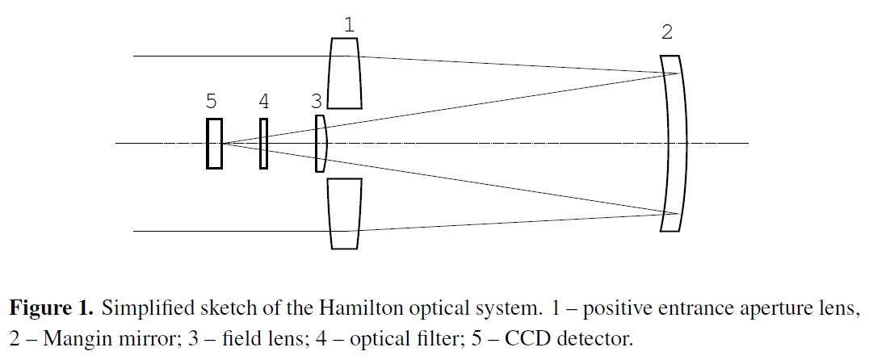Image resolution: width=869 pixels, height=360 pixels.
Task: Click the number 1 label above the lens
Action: point(348,25)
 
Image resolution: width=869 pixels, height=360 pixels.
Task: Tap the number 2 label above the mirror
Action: point(666,33)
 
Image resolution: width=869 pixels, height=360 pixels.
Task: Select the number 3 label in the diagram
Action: point(317,101)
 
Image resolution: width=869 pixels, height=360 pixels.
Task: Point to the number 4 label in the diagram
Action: point(263,101)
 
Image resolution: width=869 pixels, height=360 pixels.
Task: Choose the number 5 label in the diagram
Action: point(211,101)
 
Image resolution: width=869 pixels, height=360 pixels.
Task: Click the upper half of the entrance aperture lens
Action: point(345,73)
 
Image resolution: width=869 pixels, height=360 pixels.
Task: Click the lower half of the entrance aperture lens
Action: point(345,214)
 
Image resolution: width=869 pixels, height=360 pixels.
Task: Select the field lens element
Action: point(321,143)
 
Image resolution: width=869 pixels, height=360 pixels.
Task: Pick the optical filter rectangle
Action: point(263,144)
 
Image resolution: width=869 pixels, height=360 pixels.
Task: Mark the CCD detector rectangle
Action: point(214,144)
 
